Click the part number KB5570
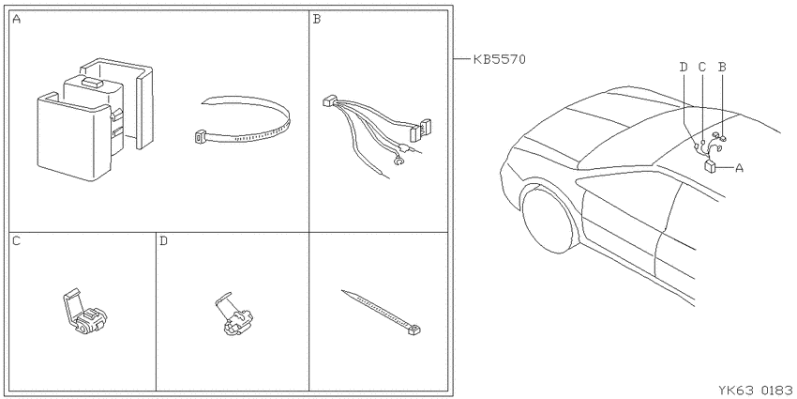click(x=499, y=59)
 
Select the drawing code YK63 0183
click(x=755, y=391)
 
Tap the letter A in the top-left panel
click(x=17, y=20)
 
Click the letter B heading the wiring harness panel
click(x=317, y=20)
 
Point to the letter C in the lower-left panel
click(x=16, y=240)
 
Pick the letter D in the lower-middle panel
click(x=163, y=240)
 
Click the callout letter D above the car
click(x=684, y=67)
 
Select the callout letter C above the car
click(x=702, y=67)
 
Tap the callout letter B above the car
click(x=721, y=67)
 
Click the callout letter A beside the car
click(x=739, y=167)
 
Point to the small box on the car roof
click(x=710, y=166)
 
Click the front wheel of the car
click(x=549, y=219)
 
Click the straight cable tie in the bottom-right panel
click(x=382, y=312)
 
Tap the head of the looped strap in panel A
click(x=202, y=137)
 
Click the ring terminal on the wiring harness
click(x=399, y=162)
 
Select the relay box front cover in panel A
click(x=74, y=136)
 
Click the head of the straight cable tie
click(x=414, y=330)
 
